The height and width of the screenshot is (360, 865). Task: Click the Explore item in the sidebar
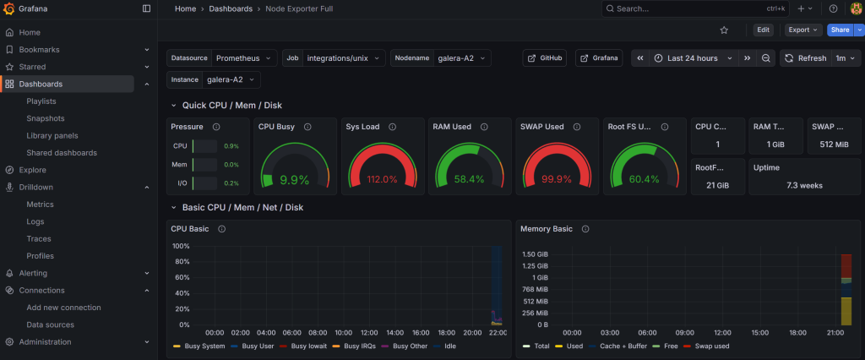[x=32, y=170]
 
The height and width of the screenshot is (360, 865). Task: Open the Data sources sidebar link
[x=49, y=325]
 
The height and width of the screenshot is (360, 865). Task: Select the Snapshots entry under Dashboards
[x=46, y=118]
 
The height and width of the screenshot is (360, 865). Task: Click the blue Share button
[x=839, y=30]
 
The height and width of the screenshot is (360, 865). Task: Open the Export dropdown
[x=802, y=30]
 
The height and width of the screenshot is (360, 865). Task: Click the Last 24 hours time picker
[x=692, y=58]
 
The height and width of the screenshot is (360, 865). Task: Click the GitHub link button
[x=545, y=58]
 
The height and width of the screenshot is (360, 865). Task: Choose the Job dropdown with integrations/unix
[x=344, y=58]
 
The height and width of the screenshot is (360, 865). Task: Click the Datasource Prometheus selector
[x=244, y=58]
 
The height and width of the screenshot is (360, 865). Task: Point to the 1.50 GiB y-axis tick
[x=536, y=254]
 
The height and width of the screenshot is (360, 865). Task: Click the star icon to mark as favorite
[x=724, y=30]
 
